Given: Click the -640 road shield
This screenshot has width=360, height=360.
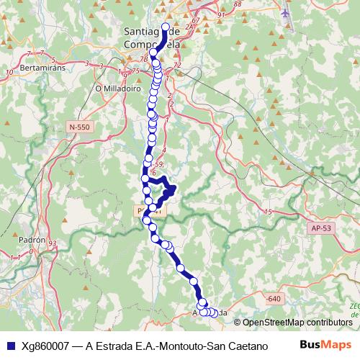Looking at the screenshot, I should point(273,298).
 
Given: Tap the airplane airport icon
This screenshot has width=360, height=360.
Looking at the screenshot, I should point(289,14).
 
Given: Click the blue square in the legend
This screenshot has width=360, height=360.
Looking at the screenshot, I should point(9,345).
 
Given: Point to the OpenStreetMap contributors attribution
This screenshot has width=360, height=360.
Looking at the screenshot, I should point(297,323).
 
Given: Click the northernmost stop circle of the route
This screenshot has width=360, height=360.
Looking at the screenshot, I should point(166,29).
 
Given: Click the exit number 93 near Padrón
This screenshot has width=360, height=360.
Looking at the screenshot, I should point(52,244).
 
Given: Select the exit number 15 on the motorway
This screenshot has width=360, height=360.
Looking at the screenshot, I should point(268,212).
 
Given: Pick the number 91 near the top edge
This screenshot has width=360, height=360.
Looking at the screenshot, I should point(221,14).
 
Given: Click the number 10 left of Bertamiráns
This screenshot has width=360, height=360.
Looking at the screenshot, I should point(10,72).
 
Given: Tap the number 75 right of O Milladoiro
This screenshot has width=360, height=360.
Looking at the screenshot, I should point(134,71).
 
